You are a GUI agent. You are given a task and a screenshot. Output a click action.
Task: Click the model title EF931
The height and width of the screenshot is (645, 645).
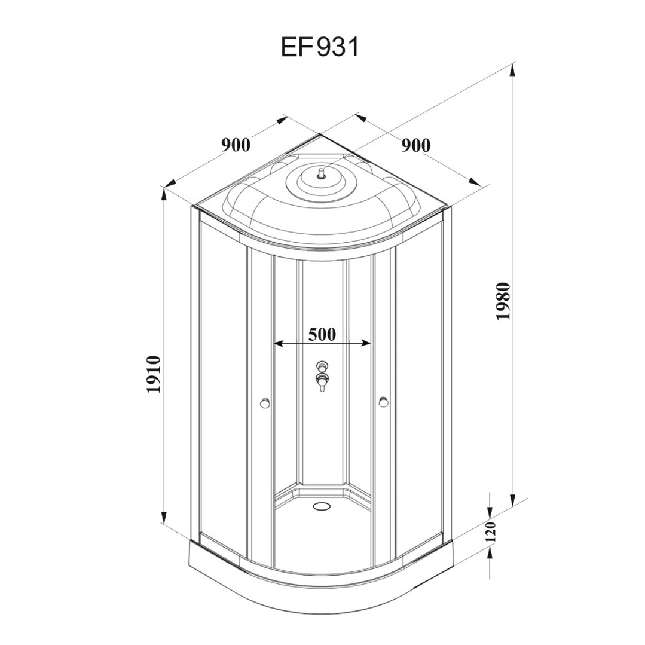point(320,47)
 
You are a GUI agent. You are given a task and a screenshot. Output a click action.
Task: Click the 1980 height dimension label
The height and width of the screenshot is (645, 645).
point(503,301)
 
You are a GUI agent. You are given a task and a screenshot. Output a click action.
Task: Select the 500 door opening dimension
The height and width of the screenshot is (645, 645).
point(322,334)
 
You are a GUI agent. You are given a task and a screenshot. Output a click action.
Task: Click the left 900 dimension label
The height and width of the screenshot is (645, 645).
point(236,145)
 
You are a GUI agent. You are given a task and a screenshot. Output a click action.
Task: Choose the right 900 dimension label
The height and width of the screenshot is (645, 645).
point(416,146)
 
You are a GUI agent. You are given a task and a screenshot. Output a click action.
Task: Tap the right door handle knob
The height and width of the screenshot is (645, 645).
point(384,402)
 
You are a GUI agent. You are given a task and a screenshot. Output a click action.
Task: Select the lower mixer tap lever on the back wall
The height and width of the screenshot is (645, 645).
point(322,381)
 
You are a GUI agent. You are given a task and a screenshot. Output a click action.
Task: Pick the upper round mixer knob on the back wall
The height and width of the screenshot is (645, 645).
point(322,366)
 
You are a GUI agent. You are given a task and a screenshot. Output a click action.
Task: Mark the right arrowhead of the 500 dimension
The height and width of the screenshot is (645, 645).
point(365,343)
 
